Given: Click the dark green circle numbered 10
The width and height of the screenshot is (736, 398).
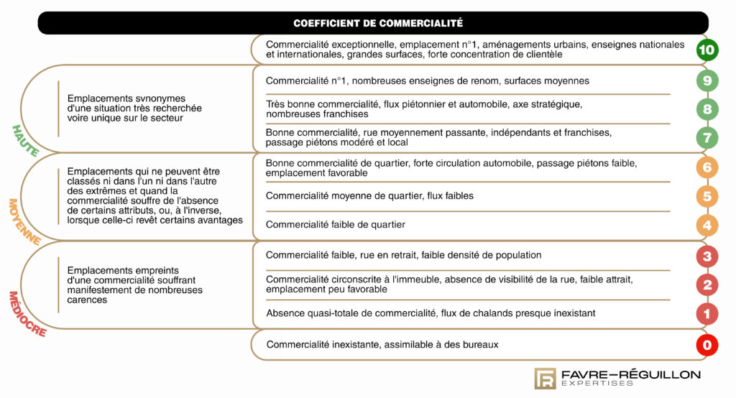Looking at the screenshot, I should [707, 50].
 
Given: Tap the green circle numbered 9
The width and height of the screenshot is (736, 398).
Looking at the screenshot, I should [707, 80].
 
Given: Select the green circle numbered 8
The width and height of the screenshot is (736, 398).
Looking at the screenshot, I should [707, 109].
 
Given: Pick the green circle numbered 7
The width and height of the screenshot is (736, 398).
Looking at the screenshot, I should [707, 137].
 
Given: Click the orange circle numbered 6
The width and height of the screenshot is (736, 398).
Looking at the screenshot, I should [707, 167].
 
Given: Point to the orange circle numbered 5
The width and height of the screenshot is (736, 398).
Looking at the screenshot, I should [707, 196].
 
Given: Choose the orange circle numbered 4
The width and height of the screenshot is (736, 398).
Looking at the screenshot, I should [707, 225].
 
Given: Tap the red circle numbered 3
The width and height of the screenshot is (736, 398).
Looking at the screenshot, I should [707, 256].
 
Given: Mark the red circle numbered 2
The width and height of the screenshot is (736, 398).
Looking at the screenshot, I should [707, 284].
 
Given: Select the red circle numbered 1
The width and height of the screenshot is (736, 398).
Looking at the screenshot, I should [707, 314].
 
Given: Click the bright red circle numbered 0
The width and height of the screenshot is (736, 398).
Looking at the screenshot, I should [707, 346].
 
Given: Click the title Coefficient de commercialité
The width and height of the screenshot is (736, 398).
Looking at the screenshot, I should [377, 23].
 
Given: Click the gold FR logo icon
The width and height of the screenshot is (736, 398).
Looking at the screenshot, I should [544, 379].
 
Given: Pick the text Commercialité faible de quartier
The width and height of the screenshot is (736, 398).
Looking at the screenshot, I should [335, 225].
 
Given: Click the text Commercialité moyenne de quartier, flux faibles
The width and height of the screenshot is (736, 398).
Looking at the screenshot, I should [369, 195].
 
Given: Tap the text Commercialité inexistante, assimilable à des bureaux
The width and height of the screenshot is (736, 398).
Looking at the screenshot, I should [382, 345].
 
